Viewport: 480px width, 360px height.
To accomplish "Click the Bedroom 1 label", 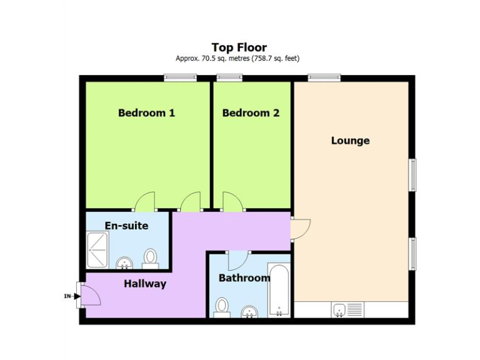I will [146, 113].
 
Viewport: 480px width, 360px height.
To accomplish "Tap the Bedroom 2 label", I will [251, 113].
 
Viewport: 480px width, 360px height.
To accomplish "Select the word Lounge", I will [350, 141].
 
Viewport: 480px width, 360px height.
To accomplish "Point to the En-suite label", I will [126, 225].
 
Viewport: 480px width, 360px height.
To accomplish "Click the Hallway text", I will [145, 284].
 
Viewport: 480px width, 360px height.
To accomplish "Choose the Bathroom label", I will [243, 277].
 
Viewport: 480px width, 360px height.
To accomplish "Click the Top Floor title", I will [239, 47].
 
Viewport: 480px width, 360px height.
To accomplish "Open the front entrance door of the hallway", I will [89, 294].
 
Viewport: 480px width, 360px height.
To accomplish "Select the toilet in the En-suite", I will [151, 258].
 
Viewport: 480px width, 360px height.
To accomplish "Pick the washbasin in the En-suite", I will [124, 262].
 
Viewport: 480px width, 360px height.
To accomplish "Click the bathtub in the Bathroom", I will [278, 291].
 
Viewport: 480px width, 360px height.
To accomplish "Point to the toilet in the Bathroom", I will [222, 306].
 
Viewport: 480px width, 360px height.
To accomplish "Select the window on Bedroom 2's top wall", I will [230, 77].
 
